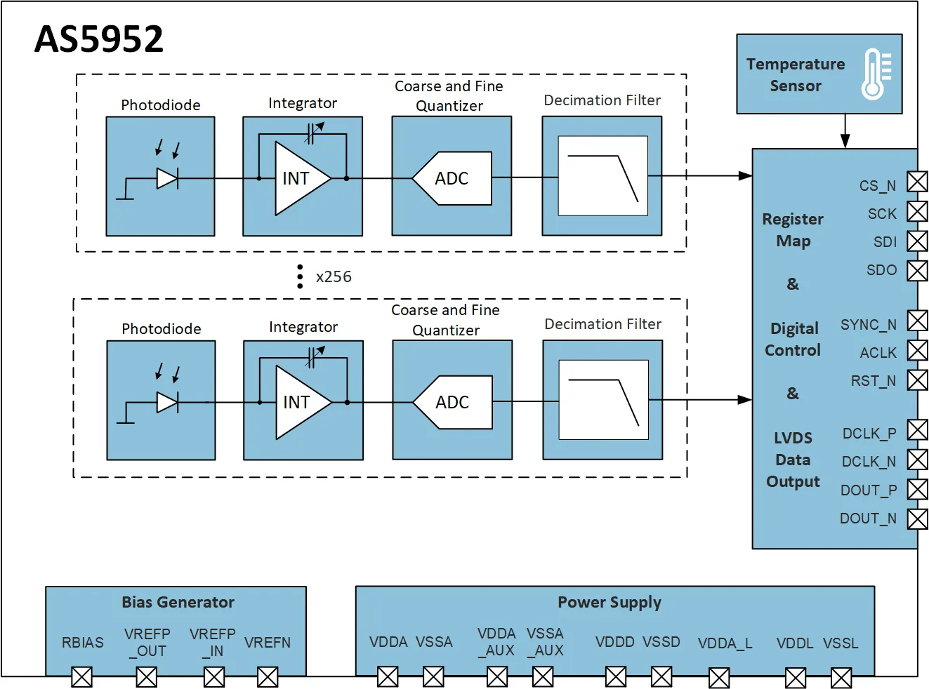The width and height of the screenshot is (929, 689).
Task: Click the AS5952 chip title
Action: pos(99,39)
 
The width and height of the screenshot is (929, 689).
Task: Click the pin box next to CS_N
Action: pos(917,181)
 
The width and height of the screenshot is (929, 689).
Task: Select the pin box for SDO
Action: pos(917,270)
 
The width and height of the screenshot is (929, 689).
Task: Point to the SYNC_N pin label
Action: pos(868,325)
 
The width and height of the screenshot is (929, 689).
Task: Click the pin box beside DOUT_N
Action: pos(917,519)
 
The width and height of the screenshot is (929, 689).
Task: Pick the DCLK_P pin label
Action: pos(869,434)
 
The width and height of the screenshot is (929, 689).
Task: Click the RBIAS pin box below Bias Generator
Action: pos(82,677)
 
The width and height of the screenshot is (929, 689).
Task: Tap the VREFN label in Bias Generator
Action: pos(268,643)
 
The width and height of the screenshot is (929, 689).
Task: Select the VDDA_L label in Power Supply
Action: pos(725,643)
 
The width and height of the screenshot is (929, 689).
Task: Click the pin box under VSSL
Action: pos(841,678)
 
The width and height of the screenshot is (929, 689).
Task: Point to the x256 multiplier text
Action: pos(334,277)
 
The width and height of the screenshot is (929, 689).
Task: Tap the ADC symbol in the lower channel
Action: pos(453,402)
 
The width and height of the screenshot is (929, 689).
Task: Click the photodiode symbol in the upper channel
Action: pos(167,179)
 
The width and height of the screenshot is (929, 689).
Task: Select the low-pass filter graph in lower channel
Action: pos(603,400)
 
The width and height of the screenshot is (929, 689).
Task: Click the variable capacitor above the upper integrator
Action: pos(312,133)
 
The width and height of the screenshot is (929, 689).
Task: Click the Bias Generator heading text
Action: pos(178,602)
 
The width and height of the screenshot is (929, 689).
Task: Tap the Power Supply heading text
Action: pos(610,602)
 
